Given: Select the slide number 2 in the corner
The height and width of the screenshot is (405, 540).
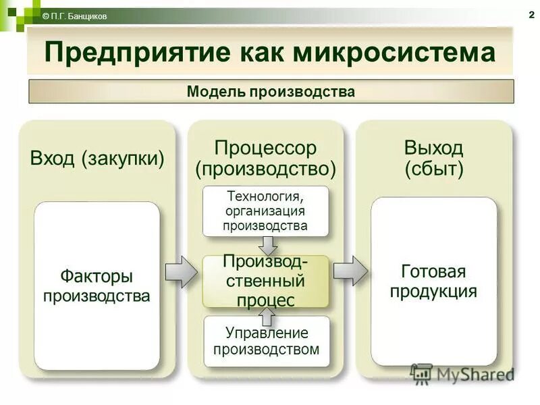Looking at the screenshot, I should click(x=531, y=16).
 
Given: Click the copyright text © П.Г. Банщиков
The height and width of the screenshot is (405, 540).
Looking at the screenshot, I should click(x=74, y=16).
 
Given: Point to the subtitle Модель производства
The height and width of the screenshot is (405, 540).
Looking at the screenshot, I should click(x=271, y=91).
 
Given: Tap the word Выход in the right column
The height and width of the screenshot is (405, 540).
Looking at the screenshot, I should click(x=433, y=148).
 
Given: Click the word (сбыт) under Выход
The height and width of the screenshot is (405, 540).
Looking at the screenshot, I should click(x=434, y=169).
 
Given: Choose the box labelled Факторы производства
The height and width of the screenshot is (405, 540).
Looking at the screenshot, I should click(x=97, y=286).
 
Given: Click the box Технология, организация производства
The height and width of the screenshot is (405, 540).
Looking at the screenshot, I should click(x=266, y=211).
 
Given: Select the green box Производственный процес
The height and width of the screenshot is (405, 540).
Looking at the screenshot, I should click(x=266, y=281).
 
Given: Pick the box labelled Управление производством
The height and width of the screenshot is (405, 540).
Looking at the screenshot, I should click(x=266, y=341).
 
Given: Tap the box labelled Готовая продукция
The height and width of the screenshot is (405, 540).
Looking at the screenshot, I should click(x=434, y=281).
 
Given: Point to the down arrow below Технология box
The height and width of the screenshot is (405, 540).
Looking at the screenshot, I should click(x=267, y=244).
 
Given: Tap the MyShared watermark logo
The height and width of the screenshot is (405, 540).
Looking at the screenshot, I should click(x=462, y=374).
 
